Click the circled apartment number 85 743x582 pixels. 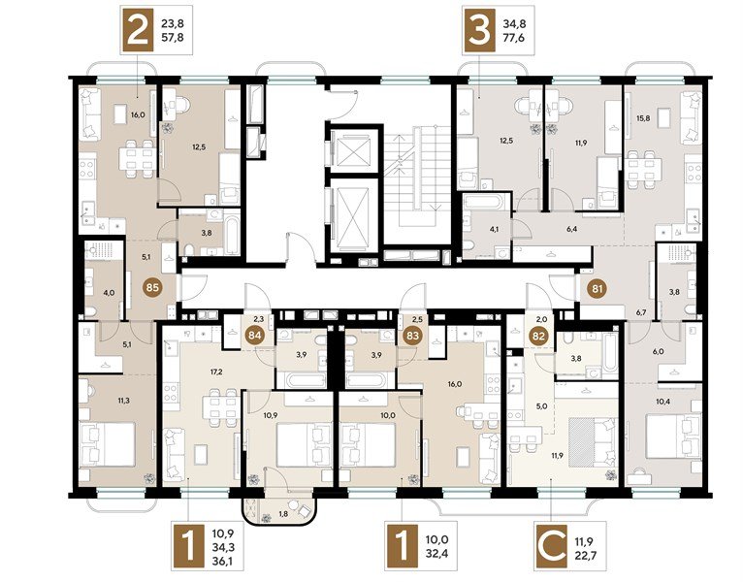(x=150, y=287)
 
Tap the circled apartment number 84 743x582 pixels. (x=256, y=336)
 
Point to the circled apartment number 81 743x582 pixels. (x=595, y=287)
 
